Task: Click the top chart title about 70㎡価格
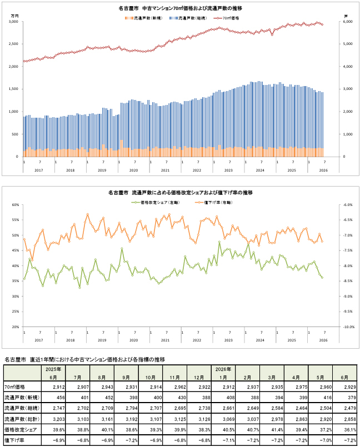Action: pyautogui.click(x=181, y=8)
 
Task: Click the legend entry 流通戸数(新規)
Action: pyautogui.click(x=143, y=18)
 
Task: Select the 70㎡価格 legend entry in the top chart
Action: pyautogui.click(x=227, y=18)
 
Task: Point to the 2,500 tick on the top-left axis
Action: pyautogui.click(x=14, y=44)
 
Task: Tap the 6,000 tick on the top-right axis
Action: pyautogui.click(x=347, y=22)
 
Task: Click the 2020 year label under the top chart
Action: pyautogui.click(x=133, y=170)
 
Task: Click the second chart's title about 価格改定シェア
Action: pyautogui.click(x=181, y=193)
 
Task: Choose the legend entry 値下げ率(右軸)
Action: pyautogui.click(x=214, y=203)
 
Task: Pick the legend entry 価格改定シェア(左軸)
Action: pyautogui.click(x=156, y=203)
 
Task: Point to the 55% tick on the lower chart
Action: pyautogui.click(x=16, y=220)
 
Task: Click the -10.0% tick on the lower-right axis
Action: pyautogui.click(x=348, y=327)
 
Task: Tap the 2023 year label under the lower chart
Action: pyautogui.click(x=228, y=340)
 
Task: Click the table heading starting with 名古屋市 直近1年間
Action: pyautogui.click(x=85, y=359)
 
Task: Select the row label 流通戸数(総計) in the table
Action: pyautogui.click(x=22, y=419)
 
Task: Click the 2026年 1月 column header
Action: pyautogui.click(x=223, y=373)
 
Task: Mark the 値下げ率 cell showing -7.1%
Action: pyautogui.click(x=228, y=440)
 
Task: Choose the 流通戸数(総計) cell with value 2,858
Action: pyautogui.click(x=350, y=419)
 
